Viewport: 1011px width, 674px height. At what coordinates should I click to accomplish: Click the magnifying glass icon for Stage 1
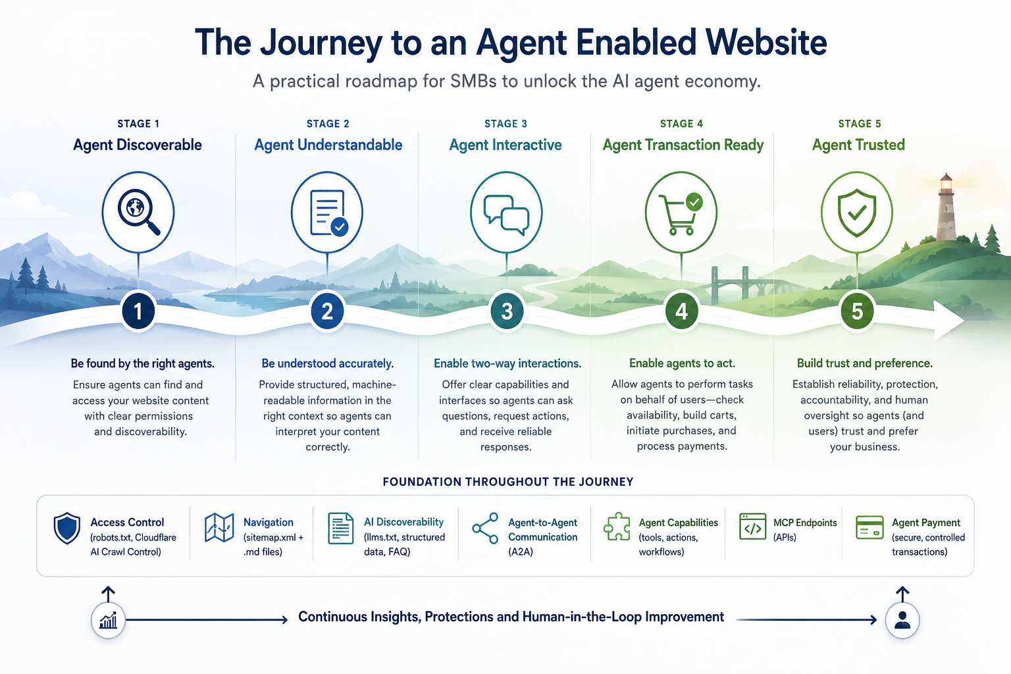pyautogui.click(x=138, y=211)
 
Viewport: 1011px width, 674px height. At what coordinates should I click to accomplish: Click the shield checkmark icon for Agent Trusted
pyautogui.click(x=856, y=213)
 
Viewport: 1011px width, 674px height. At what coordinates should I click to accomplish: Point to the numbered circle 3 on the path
pyautogui.click(x=506, y=311)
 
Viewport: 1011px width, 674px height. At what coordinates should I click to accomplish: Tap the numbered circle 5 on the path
pyautogui.click(x=856, y=311)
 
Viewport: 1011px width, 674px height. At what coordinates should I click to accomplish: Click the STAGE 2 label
pyautogui.click(x=328, y=124)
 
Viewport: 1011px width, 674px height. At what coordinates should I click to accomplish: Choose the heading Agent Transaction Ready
pyautogui.click(x=683, y=145)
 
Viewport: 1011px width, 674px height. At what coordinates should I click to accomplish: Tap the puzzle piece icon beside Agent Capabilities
pyautogui.click(x=617, y=527)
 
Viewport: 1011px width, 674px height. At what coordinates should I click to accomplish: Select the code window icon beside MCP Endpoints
pyautogui.click(x=752, y=527)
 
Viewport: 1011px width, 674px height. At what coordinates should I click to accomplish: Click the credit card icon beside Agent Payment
pyautogui.click(x=869, y=527)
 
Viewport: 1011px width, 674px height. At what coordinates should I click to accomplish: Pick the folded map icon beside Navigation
pyautogui.click(x=219, y=527)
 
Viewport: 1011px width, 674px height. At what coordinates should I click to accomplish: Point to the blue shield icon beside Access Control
pyautogui.click(x=66, y=528)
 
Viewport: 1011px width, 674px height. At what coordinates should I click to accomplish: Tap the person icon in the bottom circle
pyautogui.click(x=902, y=620)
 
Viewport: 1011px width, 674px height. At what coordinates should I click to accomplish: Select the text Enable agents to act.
pyautogui.click(x=682, y=363)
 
